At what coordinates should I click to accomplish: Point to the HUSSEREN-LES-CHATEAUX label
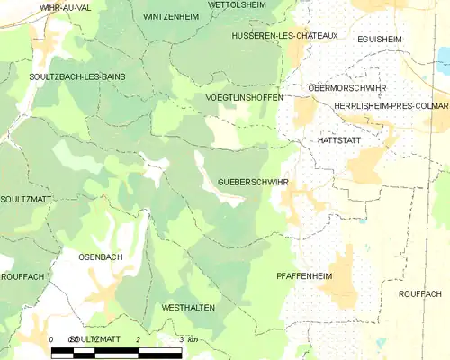coord(283,35)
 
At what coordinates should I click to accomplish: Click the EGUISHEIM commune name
coord(379,39)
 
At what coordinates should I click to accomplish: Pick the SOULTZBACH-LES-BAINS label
coord(77,78)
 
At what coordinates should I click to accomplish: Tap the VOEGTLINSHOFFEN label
coord(244,96)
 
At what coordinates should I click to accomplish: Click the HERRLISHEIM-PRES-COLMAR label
coord(391,105)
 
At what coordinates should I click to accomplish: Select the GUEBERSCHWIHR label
coord(253,182)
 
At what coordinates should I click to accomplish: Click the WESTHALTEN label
coord(187,307)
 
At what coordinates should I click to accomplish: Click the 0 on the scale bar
coord(51,338)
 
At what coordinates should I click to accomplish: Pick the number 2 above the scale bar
coord(138,338)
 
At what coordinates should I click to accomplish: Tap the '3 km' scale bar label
coord(187,338)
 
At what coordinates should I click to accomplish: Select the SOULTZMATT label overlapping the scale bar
coord(95,338)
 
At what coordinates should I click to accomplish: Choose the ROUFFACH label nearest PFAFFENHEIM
coord(419,293)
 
